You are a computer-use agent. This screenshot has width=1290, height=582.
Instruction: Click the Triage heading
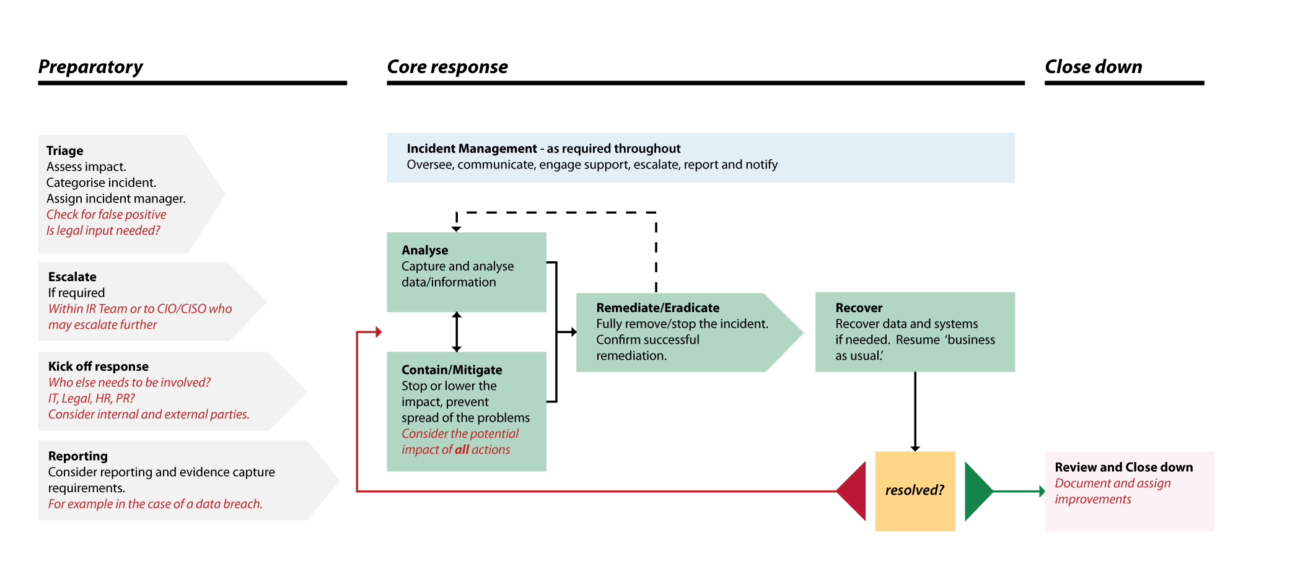(65, 151)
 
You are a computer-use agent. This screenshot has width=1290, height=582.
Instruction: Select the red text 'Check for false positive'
(106, 215)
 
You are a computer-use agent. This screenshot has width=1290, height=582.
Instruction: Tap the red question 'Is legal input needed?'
(103, 231)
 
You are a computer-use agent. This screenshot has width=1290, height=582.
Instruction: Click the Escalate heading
(72, 277)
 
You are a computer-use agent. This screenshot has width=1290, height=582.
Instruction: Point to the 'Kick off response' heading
(99, 367)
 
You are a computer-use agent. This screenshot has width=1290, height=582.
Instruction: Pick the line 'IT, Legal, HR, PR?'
(91, 399)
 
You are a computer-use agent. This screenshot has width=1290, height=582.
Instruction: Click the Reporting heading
(78, 456)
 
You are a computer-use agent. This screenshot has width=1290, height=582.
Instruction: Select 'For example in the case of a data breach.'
(155, 505)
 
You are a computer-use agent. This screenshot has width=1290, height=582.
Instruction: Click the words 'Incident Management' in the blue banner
(472, 149)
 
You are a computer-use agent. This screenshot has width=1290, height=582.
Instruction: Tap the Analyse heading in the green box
(425, 250)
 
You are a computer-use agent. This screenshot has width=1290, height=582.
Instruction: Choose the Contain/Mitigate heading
(452, 370)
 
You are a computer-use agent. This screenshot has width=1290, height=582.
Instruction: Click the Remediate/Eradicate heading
(657, 308)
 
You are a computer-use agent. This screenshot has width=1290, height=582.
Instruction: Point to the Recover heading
(859, 308)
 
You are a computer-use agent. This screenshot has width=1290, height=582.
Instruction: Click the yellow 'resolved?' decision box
(915, 491)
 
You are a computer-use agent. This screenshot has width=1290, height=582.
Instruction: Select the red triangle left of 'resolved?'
(854, 491)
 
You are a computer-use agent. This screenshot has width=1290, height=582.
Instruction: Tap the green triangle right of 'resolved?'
(976, 491)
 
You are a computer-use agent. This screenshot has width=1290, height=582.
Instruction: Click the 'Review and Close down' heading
(1123, 467)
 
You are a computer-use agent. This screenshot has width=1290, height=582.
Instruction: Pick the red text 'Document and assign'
(1112, 484)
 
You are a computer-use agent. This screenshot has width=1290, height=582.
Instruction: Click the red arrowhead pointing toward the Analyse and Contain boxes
(379, 332)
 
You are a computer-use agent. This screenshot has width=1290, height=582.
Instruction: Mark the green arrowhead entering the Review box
(1042, 492)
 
